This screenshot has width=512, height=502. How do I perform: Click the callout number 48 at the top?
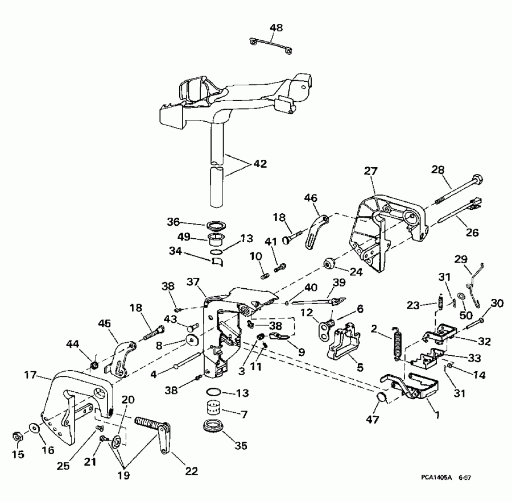pos(276,27)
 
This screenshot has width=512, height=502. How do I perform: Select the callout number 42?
pos(259,164)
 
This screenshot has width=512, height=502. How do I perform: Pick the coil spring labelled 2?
pos(397,343)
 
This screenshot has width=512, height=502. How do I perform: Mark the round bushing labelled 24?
pos(328,263)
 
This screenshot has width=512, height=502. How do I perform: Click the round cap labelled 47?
pos(383,397)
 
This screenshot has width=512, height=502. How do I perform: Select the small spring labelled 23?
pos(439,301)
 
